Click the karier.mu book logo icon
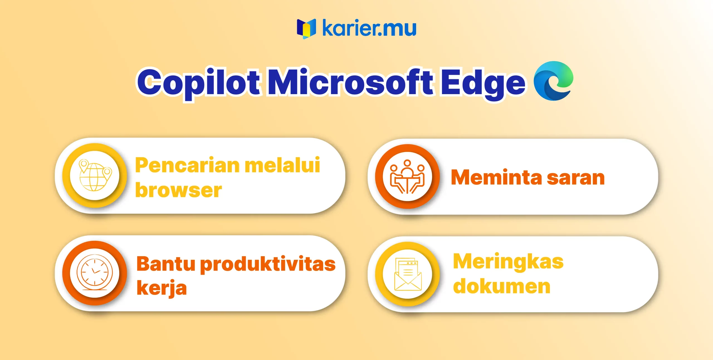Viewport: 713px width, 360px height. [306, 29]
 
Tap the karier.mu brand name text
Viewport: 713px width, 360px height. [369, 28]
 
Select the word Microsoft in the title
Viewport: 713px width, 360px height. [350, 82]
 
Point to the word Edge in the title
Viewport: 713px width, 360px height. [483, 84]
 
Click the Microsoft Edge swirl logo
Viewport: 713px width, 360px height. [553, 81]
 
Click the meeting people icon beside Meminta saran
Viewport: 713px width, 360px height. [407, 177]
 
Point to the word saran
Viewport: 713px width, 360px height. [576, 178]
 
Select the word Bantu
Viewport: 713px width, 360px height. [166, 264]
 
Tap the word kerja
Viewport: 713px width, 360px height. [162, 288]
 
